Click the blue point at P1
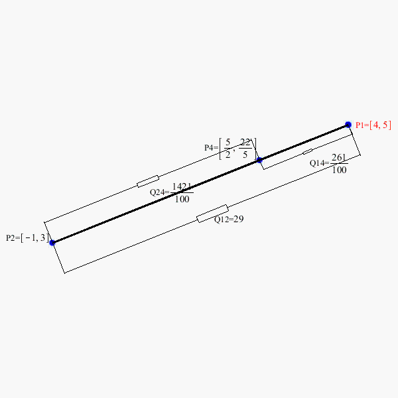point(348,125)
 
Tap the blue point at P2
point(52,243)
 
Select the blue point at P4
point(259,160)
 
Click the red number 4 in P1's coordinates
point(375,125)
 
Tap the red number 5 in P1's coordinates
point(385,125)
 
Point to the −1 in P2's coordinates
point(31,238)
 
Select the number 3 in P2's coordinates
point(42,238)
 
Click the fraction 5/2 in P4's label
point(228,148)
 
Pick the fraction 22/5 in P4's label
point(245,148)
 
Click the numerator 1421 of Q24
point(182,187)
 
